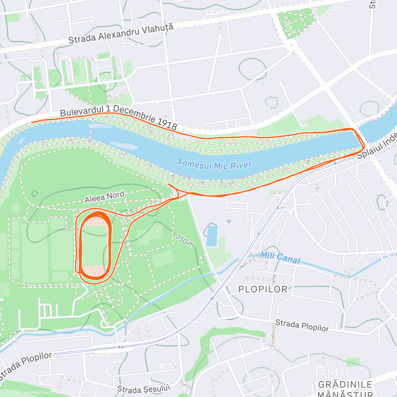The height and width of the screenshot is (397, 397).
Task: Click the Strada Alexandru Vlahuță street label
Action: (121, 34)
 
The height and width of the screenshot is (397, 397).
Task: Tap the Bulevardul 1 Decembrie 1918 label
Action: (118, 116)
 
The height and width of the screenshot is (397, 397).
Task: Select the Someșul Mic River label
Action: (214, 164)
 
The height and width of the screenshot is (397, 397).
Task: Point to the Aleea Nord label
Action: (105, 197)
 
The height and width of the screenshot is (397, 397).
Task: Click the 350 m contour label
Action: (185, 241)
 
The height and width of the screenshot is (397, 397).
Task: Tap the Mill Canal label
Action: (280, 258)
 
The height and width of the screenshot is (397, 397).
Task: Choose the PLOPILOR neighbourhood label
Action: (263, 289)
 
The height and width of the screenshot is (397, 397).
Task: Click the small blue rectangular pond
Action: (212, 236)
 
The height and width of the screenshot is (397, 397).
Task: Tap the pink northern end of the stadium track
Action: (95, 221)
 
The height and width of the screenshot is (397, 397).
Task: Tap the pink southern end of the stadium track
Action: (95, 271)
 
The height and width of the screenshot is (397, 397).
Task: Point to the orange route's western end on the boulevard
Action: (32, 122)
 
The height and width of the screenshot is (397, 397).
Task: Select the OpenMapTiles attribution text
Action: (32, 393)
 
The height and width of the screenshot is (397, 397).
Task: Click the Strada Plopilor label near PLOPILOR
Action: (302, 326)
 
